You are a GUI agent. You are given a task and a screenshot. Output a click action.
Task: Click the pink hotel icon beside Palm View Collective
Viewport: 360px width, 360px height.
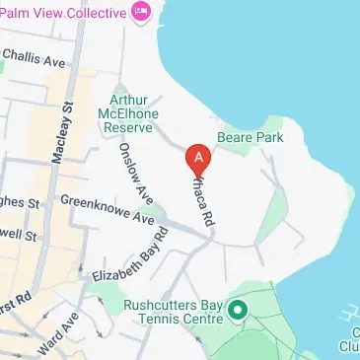pos(142,13)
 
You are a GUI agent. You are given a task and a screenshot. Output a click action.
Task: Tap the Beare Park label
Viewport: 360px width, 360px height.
pos(250,138)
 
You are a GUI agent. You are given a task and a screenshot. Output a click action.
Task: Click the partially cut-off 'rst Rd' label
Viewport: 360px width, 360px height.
pos(16,296)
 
